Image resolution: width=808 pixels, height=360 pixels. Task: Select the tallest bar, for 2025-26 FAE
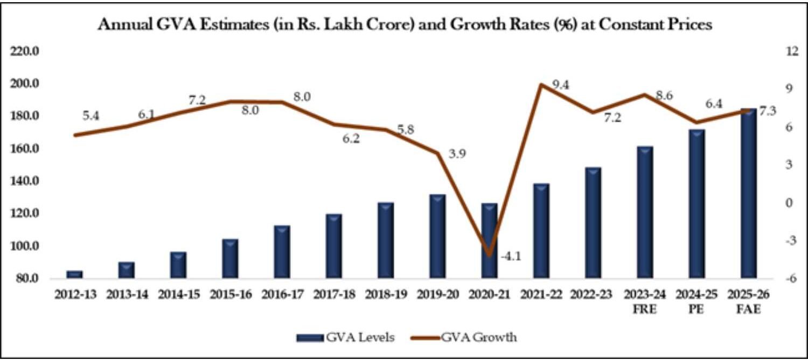click(749, 194)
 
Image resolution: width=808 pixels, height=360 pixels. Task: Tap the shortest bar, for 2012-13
click(74, 274)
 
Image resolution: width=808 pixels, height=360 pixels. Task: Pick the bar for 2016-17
click(282, 252)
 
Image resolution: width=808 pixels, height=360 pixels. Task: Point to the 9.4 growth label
click(561, 85)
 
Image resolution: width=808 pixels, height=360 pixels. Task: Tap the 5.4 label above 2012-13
click(91, 115)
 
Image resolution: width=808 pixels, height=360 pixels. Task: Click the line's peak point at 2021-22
click(541, 85)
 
